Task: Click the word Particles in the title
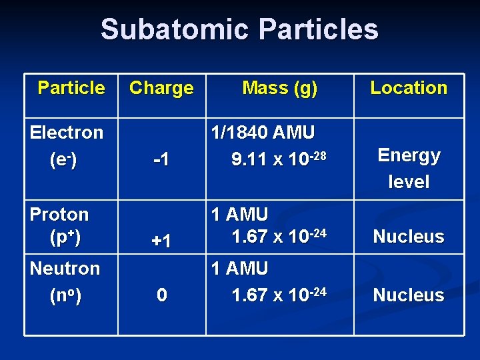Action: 317,29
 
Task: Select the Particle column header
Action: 71,88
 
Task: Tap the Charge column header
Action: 161,88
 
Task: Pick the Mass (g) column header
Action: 279,88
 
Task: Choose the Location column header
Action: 409,88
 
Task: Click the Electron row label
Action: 67,133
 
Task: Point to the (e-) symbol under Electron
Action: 63,161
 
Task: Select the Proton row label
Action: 59,215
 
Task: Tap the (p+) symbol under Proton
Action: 65,237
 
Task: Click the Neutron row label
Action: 65,269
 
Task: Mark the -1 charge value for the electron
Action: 161,160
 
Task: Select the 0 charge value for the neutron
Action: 161,295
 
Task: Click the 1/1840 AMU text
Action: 263,133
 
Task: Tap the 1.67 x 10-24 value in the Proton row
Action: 279,236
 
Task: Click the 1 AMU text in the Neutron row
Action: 239,269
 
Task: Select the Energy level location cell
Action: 409,168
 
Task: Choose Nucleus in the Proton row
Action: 409,237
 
